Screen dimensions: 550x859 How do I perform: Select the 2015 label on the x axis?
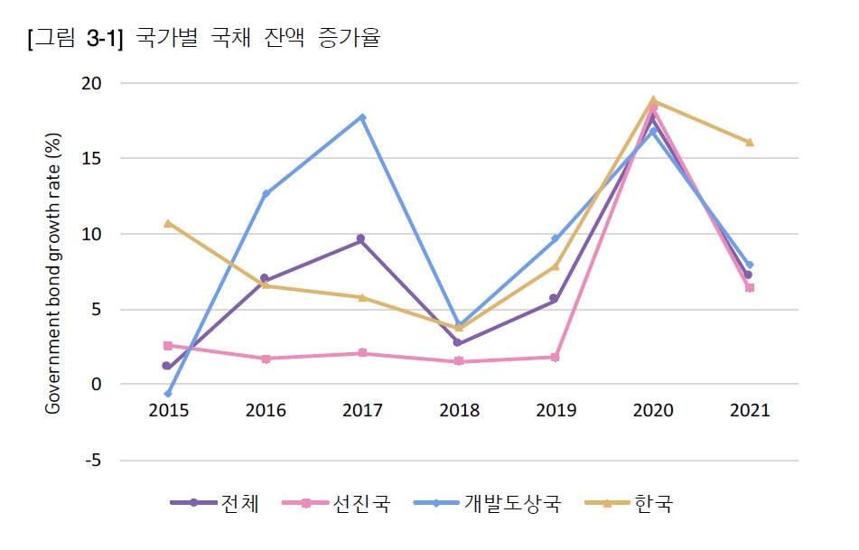168,411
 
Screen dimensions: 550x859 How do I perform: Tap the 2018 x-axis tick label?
459,411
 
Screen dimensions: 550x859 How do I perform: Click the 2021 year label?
749,411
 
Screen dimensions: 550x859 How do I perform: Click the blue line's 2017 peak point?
362,117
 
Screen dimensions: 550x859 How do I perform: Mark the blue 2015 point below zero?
168,394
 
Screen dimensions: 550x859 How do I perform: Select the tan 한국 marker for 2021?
749,142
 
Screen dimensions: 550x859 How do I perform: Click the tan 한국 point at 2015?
168,223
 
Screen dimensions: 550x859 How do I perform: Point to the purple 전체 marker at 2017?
361,239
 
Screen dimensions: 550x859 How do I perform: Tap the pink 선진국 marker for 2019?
556,358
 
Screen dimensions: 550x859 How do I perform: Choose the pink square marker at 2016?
266,359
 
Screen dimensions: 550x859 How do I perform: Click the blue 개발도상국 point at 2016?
266,193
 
